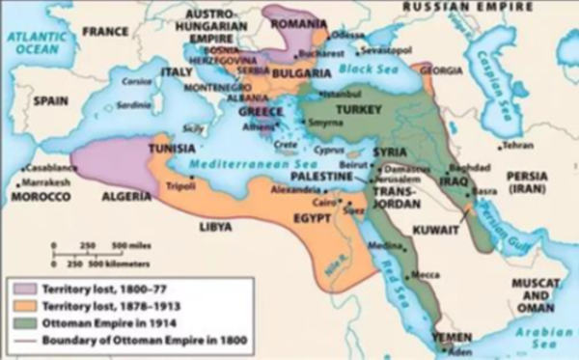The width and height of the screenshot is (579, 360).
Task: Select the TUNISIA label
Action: tap(172, 149)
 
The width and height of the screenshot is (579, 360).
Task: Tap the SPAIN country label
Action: tap(49, 99)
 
